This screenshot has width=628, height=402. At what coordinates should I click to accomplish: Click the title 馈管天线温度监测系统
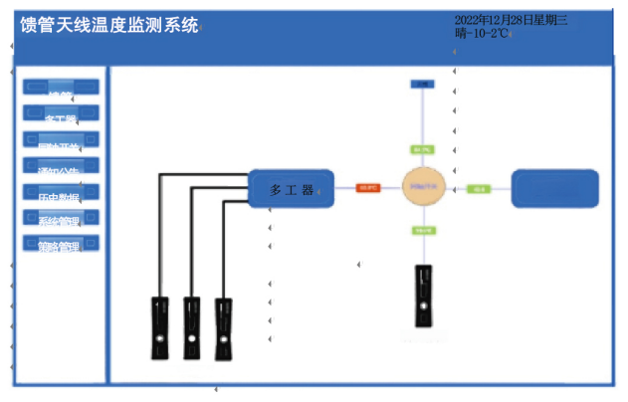[x=108, y=27]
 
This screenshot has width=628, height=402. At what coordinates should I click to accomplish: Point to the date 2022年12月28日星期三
[x=511, y=20]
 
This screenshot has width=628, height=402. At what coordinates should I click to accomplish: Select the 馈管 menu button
[x=61, y=87]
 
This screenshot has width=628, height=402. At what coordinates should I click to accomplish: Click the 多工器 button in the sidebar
[x=61, y=113]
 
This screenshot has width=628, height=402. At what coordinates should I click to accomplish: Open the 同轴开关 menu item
[x=61, y=140]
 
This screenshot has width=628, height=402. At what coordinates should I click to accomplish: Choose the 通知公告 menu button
[x=61, y=166]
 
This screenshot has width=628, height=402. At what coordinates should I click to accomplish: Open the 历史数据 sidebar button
[x=61, y=193]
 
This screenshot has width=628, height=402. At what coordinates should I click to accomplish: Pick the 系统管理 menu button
[x=61, y=219]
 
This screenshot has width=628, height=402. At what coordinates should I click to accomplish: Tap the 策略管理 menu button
[x=61, y=244]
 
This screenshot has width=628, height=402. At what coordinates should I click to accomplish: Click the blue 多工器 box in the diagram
[x=290, y=189]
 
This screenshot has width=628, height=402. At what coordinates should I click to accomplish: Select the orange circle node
[x=422, y=187]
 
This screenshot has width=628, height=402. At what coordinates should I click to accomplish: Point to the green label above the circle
[x=422, y=150]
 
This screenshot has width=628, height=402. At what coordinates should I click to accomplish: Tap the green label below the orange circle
[x=422, y=230]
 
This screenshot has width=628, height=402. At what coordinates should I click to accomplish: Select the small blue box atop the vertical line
[x=422, y=85]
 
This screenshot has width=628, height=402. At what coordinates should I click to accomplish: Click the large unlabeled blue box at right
[x=554, y=189]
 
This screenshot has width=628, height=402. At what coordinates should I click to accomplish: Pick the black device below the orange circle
[x=425, y=296]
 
